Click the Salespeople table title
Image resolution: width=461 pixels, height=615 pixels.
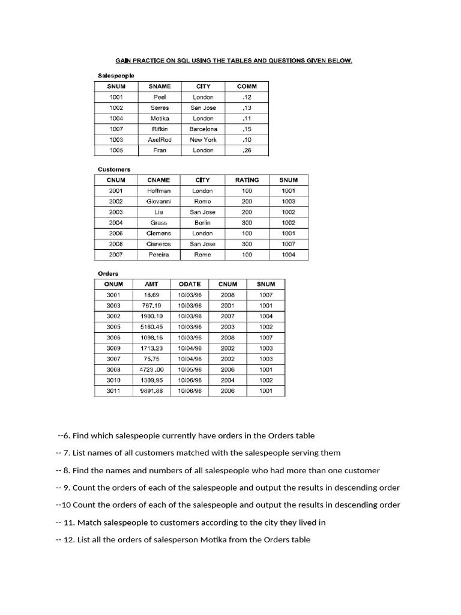[116, 76]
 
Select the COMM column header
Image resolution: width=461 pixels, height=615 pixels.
[247, 86]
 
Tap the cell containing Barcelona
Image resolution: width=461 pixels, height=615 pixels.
[203, 129]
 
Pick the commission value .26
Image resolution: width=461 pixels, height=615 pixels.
[247, 150]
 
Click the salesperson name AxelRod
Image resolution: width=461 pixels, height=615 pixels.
[160, 139]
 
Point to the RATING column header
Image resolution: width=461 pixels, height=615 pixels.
[247, 180]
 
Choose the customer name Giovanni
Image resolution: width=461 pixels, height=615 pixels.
[158, 201]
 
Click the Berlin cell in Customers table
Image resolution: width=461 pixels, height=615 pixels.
[203, 223]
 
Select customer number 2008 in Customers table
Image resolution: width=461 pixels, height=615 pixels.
[116, 244]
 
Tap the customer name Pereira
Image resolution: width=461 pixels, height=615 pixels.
[158, 255]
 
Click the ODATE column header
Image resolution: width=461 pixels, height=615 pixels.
[190, 284]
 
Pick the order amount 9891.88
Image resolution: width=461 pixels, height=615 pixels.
[151, 391]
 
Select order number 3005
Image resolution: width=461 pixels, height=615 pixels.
[113, 327]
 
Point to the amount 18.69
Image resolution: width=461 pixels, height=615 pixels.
[151, 295]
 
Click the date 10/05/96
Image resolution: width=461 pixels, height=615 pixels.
[190, 369]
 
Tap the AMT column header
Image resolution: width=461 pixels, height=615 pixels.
[151, 284]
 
